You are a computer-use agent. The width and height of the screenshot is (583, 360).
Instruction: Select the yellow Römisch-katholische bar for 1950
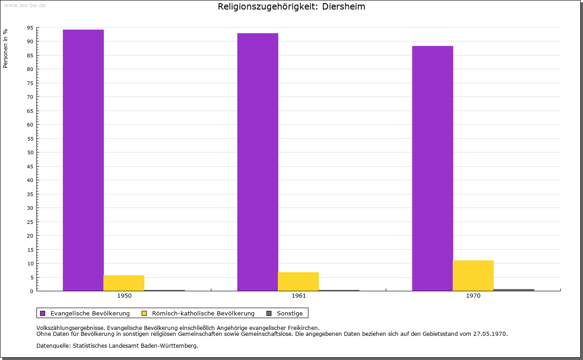point(124,283)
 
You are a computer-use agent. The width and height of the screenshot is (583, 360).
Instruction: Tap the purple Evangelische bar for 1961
point(258,162)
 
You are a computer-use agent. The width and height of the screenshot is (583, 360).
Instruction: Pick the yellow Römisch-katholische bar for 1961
point(298,281)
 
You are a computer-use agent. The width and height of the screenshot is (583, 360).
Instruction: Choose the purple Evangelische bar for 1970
point(433,168)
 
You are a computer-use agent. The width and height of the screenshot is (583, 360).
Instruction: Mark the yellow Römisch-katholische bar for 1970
point(473,275)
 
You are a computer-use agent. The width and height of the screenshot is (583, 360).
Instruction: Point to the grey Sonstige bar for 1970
point(514,290)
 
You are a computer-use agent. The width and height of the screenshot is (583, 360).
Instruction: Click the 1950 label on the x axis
point(124,296)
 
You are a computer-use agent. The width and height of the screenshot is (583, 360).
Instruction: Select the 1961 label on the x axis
point(299,296)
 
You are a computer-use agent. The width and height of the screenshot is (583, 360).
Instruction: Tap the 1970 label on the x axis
point(473,296)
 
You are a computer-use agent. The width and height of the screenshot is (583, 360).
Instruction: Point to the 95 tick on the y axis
point(30,28)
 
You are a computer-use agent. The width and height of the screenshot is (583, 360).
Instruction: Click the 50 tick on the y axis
point(30,152)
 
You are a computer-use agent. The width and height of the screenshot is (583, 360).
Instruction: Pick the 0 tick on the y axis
point(32,291)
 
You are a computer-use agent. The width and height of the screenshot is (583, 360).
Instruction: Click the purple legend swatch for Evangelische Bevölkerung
point(43,313)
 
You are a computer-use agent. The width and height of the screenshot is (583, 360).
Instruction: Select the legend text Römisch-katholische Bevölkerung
point(203,313)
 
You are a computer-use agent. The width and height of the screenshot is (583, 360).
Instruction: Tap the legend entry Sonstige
point(290,313)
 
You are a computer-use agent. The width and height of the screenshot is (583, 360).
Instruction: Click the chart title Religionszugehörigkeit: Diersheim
point(291,7)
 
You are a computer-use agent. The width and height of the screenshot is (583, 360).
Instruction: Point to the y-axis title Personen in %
point(5,48)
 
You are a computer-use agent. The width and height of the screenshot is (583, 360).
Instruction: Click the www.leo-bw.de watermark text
point(25,5)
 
